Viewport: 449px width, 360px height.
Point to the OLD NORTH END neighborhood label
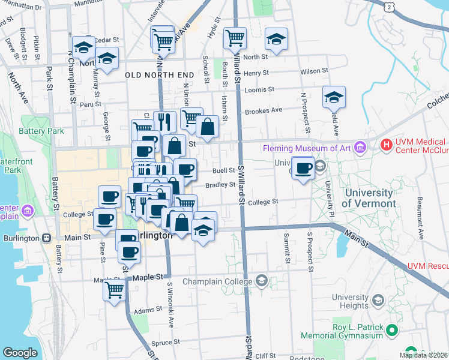coord(160,75)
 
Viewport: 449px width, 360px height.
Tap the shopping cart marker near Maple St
coord(114,290)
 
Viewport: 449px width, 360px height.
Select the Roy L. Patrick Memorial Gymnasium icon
coord(391,331)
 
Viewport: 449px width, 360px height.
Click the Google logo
coord(20,353)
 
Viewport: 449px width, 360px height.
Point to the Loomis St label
coord(259,89)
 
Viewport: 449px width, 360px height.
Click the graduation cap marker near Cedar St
coord(83,47)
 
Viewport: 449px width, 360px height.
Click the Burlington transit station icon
coord(46,238)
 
